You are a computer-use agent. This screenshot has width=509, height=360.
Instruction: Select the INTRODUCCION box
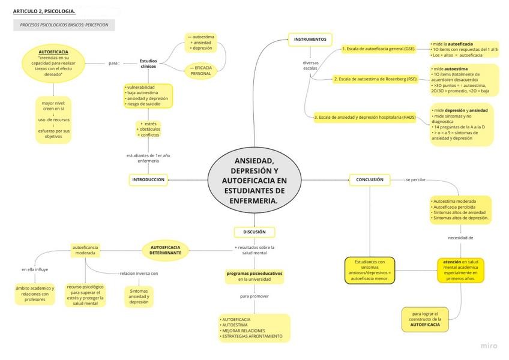(148, 179)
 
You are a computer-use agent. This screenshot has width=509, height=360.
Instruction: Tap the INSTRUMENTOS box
(310, 40)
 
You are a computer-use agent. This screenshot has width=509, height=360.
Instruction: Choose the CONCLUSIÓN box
(370, 179)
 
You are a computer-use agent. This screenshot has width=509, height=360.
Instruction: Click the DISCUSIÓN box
(254, 232)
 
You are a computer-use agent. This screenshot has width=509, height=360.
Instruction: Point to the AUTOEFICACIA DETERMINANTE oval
(165, 250)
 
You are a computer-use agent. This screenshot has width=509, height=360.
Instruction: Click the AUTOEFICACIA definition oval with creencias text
(53, 63)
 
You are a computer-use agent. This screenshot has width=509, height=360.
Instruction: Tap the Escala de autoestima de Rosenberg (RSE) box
(375, 79)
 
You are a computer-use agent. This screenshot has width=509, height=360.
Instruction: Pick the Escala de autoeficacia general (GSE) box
(379, 49)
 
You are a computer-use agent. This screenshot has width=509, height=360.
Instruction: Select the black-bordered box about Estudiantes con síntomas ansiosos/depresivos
(370, 270)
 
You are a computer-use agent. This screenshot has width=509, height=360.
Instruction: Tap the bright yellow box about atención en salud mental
(460, 270)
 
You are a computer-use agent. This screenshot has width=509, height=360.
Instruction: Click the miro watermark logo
(489, 346)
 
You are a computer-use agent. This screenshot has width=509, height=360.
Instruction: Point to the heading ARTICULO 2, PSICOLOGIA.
(44, 11)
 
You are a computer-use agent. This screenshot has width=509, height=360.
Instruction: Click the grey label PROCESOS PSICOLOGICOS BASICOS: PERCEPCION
(64, 25)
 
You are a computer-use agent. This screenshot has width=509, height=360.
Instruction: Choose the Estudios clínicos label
(148, 63)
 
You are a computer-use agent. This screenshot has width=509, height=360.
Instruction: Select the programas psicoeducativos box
(254, 276)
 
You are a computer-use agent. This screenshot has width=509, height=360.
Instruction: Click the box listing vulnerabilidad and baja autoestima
(148, 95)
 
